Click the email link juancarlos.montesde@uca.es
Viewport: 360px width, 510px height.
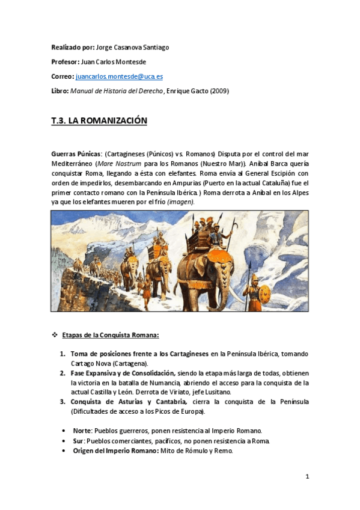point(119,78)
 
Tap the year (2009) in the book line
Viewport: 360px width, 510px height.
point(217,91)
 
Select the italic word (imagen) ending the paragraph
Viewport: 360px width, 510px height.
point(180,202)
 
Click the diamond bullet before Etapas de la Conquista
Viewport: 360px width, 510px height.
point(55,335)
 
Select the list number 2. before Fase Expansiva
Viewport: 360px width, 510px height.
point(63,373)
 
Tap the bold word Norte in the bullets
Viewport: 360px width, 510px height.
point(81,431)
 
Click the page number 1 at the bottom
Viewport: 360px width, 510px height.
point(307,477)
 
